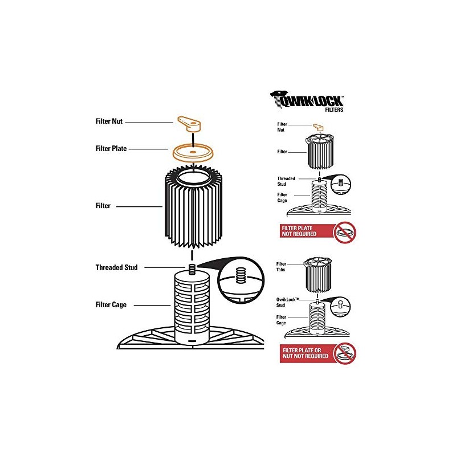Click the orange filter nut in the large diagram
tap(189, 124)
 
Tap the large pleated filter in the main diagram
tap(193, 206)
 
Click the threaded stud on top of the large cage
tap(192, 268)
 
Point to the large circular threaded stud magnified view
tap(241, 280)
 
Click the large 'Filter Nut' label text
tap(109, 121)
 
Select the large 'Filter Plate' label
tap(111, 149)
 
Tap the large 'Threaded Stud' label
tap(117, 267)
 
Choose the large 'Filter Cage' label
tap(111, 305)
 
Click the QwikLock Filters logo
tap(307, 101)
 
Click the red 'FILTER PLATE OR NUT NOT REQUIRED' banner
tap(307, 353)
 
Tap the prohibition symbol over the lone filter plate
tap(345, 233)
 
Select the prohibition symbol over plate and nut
tap(345, 353)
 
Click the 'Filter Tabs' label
tap(281, 267)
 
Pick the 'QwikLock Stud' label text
tap(288, 302)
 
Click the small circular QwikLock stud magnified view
tap(340, 307)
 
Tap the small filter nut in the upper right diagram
tap(318, 127)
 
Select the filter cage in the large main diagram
tap(192, 308)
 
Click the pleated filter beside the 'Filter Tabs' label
tap(318, 275)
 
